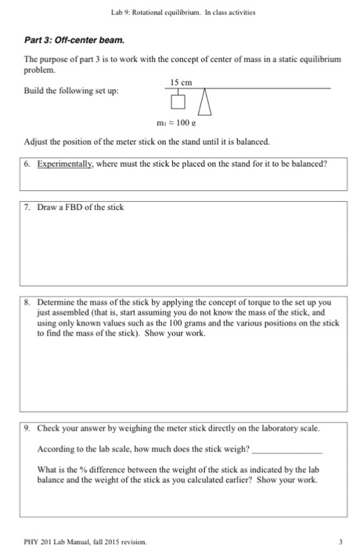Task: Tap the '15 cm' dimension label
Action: click(179, 81)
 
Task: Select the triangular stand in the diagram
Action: click(205, 101)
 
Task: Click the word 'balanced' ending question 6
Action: click(308, 164)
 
